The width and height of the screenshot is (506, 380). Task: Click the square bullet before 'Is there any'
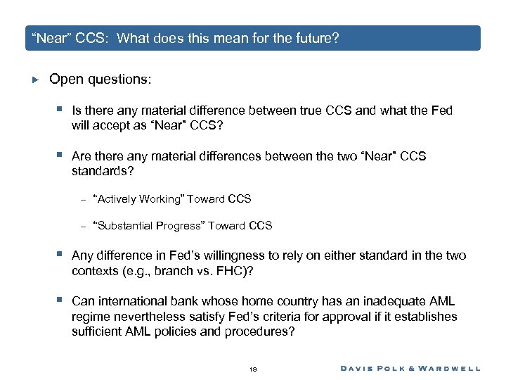pyautogui.click(x=61, y=110)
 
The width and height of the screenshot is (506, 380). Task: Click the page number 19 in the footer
pyautogui.click(x=253, y=368)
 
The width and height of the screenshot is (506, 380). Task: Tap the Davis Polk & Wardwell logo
pyautogui.click(x=410, y=368)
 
